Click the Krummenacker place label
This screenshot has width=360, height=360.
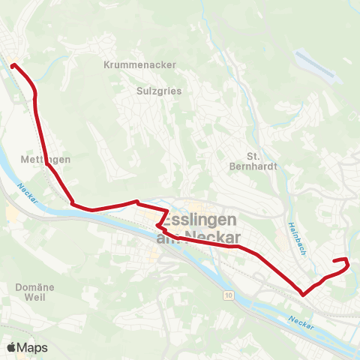(x=141, y=64)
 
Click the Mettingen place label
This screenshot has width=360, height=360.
(x=42, y=160)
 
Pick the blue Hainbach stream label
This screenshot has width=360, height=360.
(x=292, y=238)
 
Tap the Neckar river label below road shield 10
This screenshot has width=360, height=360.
(x=301, y=322)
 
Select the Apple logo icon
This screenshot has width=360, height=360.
(x=10, y=347)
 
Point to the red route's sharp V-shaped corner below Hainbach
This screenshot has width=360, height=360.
(x=303, y=295)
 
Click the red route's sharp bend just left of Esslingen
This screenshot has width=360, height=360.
(x=157, y=225)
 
